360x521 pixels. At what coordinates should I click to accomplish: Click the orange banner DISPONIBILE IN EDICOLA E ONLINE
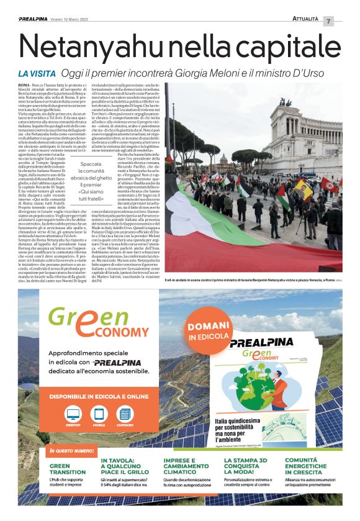(99, 397)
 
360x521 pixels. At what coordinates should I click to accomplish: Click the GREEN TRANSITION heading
(68, 469)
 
